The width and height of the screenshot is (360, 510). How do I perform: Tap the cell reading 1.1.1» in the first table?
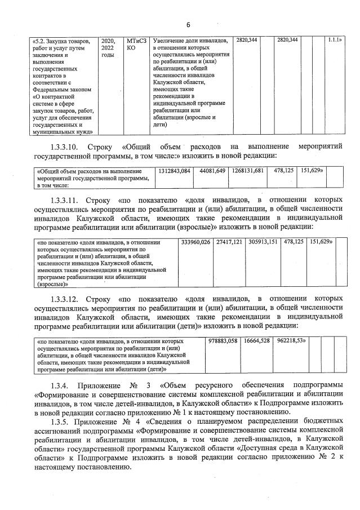(x=335, y=41)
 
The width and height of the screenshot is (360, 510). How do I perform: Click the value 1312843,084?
(x=174, y=170)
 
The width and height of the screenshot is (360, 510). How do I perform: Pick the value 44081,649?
(x=212, y=170)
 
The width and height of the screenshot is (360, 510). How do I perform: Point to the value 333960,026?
(x=195, y=242)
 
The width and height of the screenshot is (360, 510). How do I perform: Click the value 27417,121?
(x=229, y=242)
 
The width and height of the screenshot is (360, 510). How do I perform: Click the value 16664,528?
(x=257, y=341)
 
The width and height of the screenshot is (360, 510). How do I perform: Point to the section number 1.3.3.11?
(x=66, y=199)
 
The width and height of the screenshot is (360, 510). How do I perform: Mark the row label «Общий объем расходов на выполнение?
(x=90, y=170)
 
